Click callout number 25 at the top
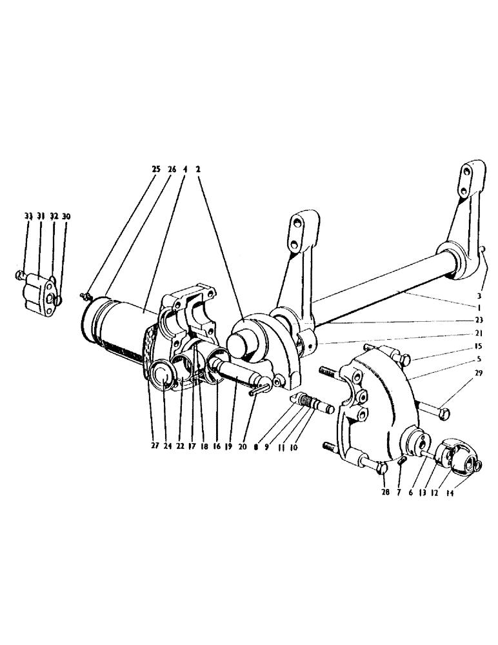(155, 169)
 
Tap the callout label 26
(171, 169)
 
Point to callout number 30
(66, 216)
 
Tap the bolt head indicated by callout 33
(20, 275)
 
